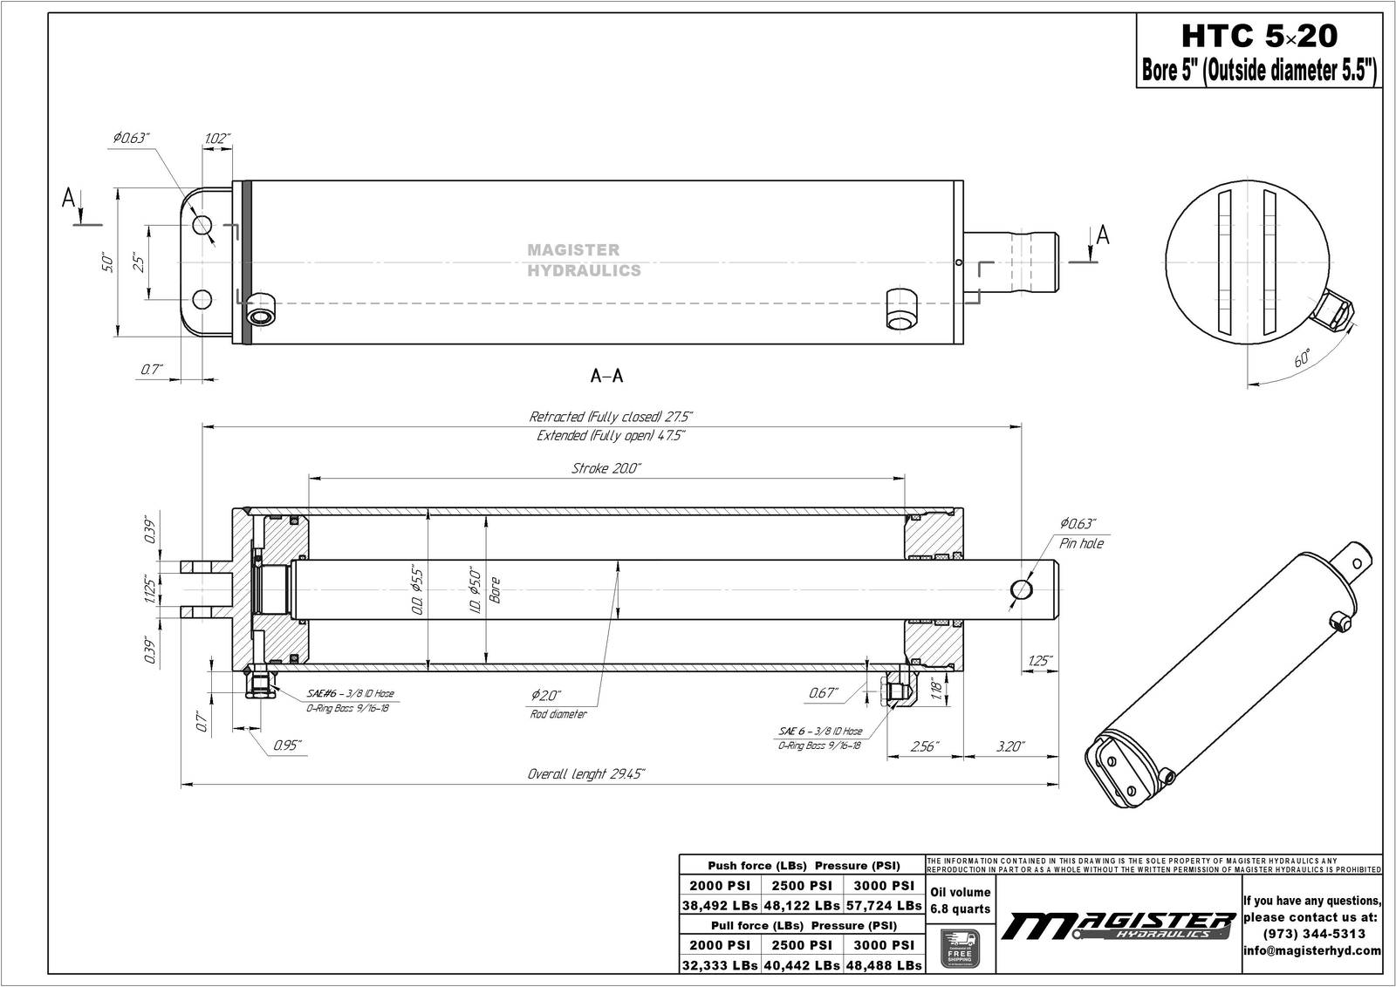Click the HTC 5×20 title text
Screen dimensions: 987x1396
1259,37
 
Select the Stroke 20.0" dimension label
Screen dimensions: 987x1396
606,469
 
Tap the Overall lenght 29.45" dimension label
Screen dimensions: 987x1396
586,774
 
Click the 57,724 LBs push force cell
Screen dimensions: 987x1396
884,906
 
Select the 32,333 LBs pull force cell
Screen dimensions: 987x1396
720,965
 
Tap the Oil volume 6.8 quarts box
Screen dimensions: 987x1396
960,901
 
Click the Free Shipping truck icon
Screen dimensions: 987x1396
960,948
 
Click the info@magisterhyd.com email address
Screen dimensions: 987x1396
1311,950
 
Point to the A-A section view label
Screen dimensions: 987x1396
607,377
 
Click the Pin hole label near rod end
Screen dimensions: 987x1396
1081,544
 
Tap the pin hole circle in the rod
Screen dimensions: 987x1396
1022,590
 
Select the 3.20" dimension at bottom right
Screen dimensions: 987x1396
1009,747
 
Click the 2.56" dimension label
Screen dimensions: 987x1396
924,747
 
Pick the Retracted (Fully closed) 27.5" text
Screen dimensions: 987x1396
611,417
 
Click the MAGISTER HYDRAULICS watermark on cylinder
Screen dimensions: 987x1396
584,261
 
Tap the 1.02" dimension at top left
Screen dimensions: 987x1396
216,139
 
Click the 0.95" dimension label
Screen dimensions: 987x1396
287,745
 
